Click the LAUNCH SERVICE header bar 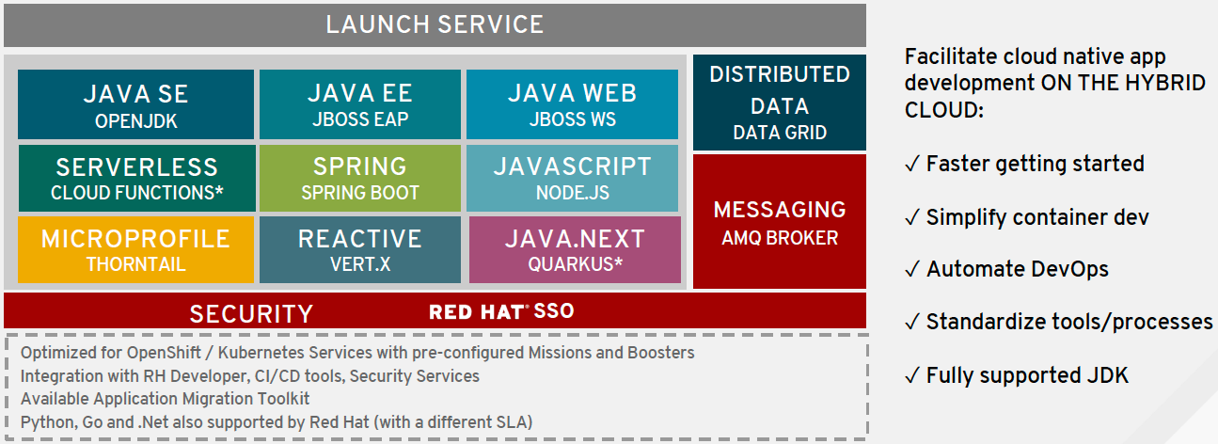tap(435, 25)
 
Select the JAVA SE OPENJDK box tap(136, 103)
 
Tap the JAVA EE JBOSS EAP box tap(360, 103)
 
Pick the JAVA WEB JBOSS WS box tap(572, 103)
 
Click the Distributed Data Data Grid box tap(780, 103)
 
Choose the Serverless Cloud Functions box tap(137, 178)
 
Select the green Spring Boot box tap(360, 178)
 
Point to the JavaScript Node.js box tap(572, 178)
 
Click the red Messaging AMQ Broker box tap(780, 221)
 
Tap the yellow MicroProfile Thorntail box tap(136, 250)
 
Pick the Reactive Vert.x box tap(360, 250)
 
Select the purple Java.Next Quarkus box tap(575, 250)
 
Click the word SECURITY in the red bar tap(251, 314)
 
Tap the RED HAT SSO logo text tap(501, 311)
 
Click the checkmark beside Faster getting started tap(912, 164)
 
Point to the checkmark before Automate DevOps tap(912, 269)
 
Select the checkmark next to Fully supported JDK tap(912, 375)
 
